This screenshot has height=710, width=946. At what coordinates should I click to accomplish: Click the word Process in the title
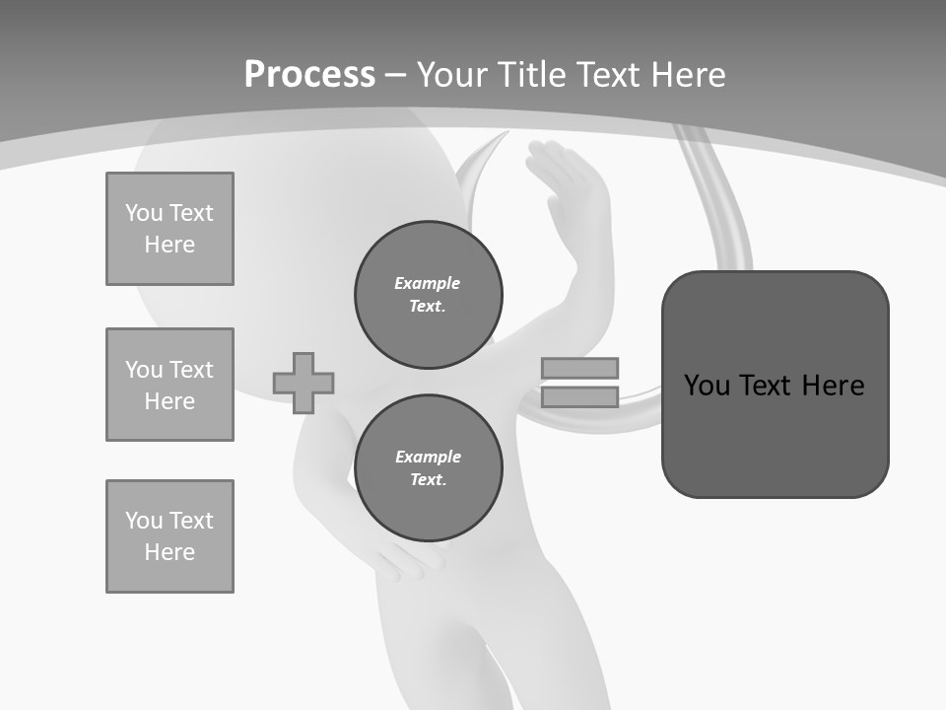click(x=309, y=75)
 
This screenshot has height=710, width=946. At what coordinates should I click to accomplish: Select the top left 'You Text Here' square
click(x=169, y=229)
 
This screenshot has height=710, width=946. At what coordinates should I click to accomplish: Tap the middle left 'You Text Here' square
click(x=169, y=385)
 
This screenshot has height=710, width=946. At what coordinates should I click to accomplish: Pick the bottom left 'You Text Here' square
click(x=169, y=536)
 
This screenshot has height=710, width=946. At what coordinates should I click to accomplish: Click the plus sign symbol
click(x=304, y=383)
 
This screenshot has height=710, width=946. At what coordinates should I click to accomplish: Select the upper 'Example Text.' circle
click(x=429, y=295)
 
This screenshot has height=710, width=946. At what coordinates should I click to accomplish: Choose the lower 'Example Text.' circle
click(x=429, y=468)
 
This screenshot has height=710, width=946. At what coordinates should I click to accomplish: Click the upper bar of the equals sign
click(x=579, y=368)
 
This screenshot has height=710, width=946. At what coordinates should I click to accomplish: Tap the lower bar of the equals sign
click(x=579, y=397)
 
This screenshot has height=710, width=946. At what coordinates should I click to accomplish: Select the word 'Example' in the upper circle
click(x=428, y=283)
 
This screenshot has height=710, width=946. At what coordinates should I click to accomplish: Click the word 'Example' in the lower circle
click(x=428, y=457)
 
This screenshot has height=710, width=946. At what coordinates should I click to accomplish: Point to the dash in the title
click(x=396, y=75)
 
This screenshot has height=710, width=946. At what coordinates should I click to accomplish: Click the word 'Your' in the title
click(x=452, y=75)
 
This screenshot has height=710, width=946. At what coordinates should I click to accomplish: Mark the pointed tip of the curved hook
click(x=507, y=132)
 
